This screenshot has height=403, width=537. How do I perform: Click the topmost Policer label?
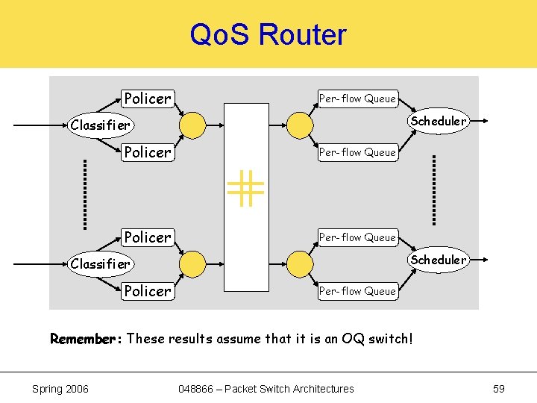pyautogui.click(x=148, y=99)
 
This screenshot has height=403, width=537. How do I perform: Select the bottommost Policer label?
pyautogui.click(x=148, y=291)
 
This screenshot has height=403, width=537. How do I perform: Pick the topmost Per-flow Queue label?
pyautogui.click(x=357, y=99)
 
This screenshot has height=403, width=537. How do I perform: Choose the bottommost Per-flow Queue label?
pyautogui.click(x=357, y=291)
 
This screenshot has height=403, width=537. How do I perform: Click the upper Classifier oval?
pyautogui.click(x=100, y=125)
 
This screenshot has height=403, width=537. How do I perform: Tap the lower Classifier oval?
pyautogui.click(x=100, y=263)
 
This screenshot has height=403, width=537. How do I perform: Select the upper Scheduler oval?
pyautogui.click(x=438, y=121)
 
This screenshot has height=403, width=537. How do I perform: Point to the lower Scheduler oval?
pyautogui.click(x=438, y=260)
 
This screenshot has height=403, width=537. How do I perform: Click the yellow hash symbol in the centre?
pyautogui.click(x=246, y=188)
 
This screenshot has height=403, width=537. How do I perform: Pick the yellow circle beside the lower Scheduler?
pyautogui.click(x=301, y=263)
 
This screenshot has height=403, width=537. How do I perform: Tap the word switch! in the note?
pyautogui.click(x=389, y=339)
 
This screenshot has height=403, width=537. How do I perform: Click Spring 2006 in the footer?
pyautogui.click(x=60, y=388)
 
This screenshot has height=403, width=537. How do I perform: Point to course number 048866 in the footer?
pyautogui.click(x=198, y=388)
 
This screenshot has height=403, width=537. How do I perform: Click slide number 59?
pyautogui.click(x=499, y=388)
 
